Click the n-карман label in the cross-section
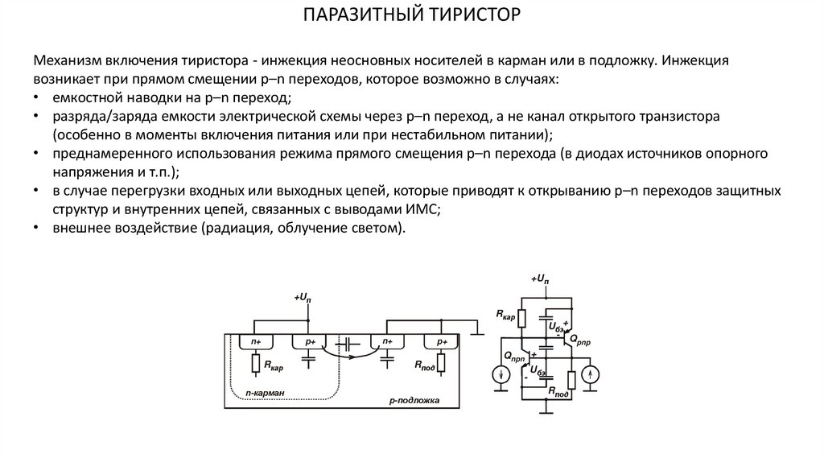(x=266, y=392)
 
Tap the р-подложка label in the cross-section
(x=414, y=399)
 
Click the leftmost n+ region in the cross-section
(x=255, y=341)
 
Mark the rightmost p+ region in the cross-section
(x=442, y=341)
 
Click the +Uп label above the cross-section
(x=303, y=299)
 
